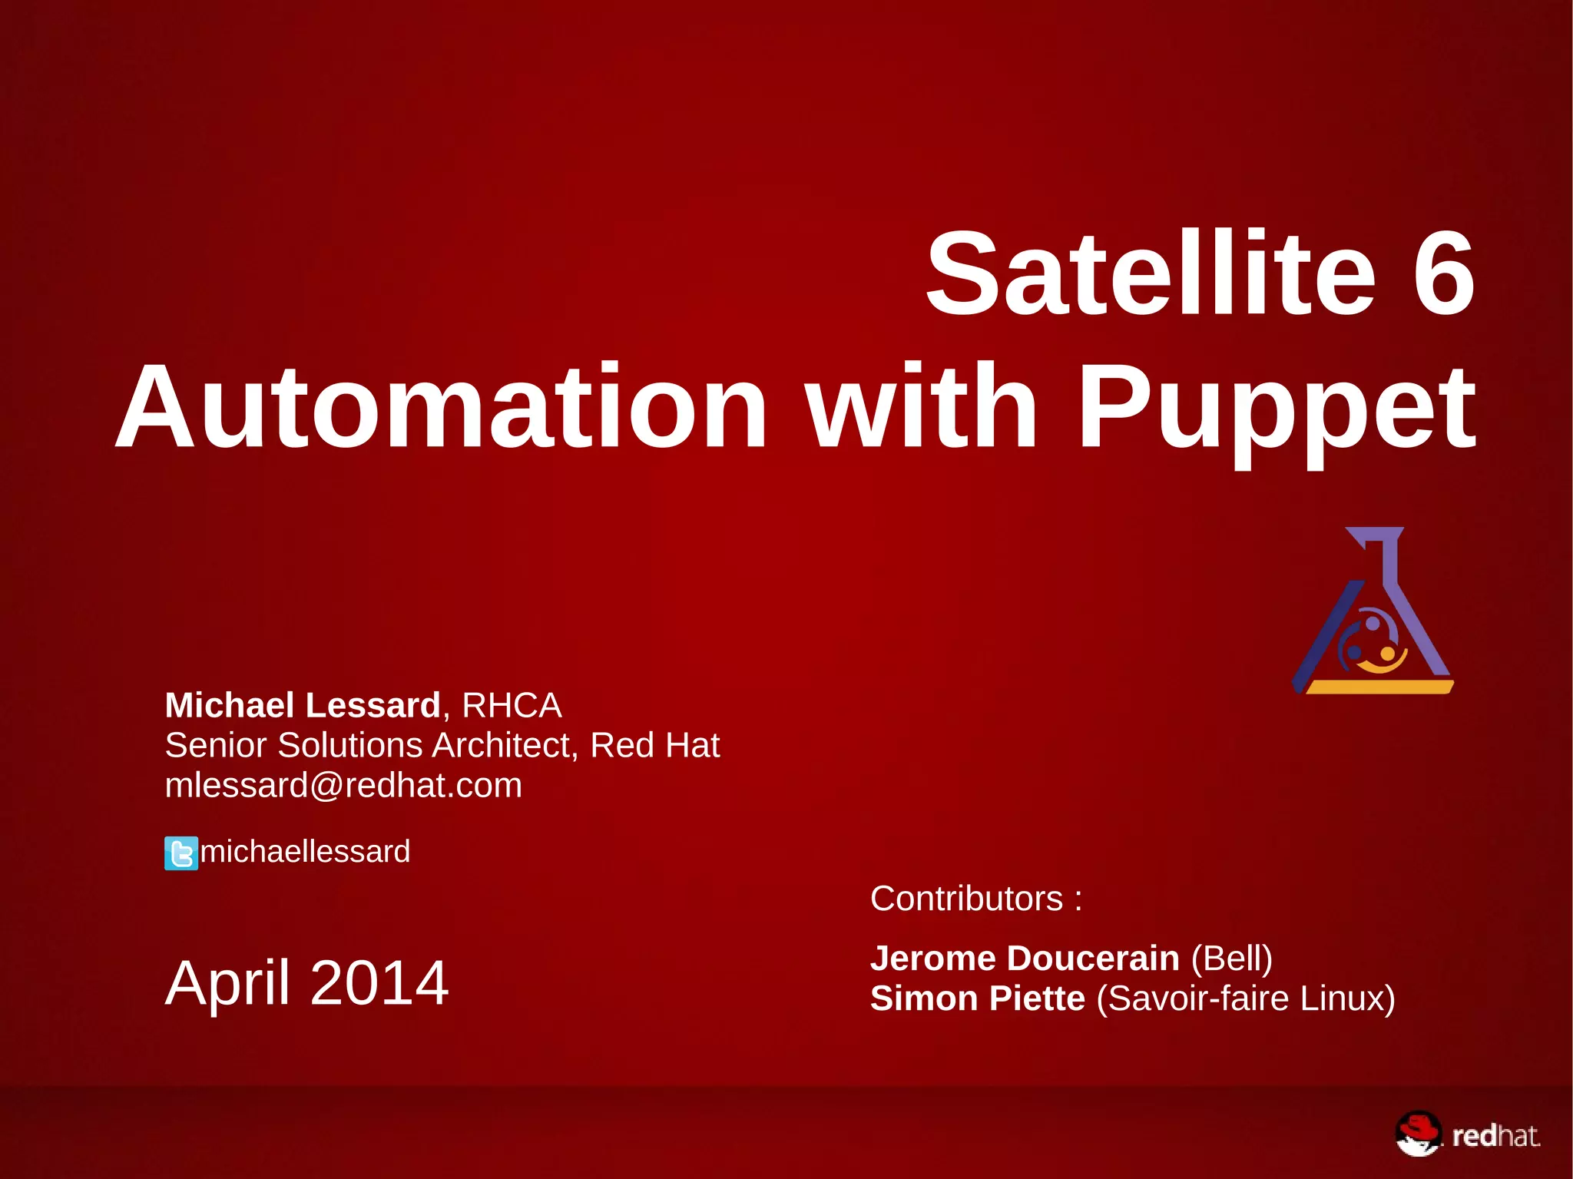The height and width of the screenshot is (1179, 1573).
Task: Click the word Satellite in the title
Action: pos(1150,274)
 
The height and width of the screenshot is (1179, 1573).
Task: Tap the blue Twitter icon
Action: pos(181,853)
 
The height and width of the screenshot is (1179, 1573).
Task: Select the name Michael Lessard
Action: pos(303,705)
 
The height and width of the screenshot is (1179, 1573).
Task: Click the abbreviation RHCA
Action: pos(512,705)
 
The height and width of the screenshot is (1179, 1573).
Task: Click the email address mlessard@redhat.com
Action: pos(343,785)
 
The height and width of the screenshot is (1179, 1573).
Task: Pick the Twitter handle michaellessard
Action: pos(305,852)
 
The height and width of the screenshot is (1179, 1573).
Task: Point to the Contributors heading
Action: pos(975,899)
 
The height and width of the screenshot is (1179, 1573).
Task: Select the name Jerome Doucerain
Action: pos(1025,959)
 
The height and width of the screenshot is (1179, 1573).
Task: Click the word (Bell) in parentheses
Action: pos(1232,959)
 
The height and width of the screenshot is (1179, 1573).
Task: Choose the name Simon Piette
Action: pos(977,999)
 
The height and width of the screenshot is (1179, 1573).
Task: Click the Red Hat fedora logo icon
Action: pos(1418,1134)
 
